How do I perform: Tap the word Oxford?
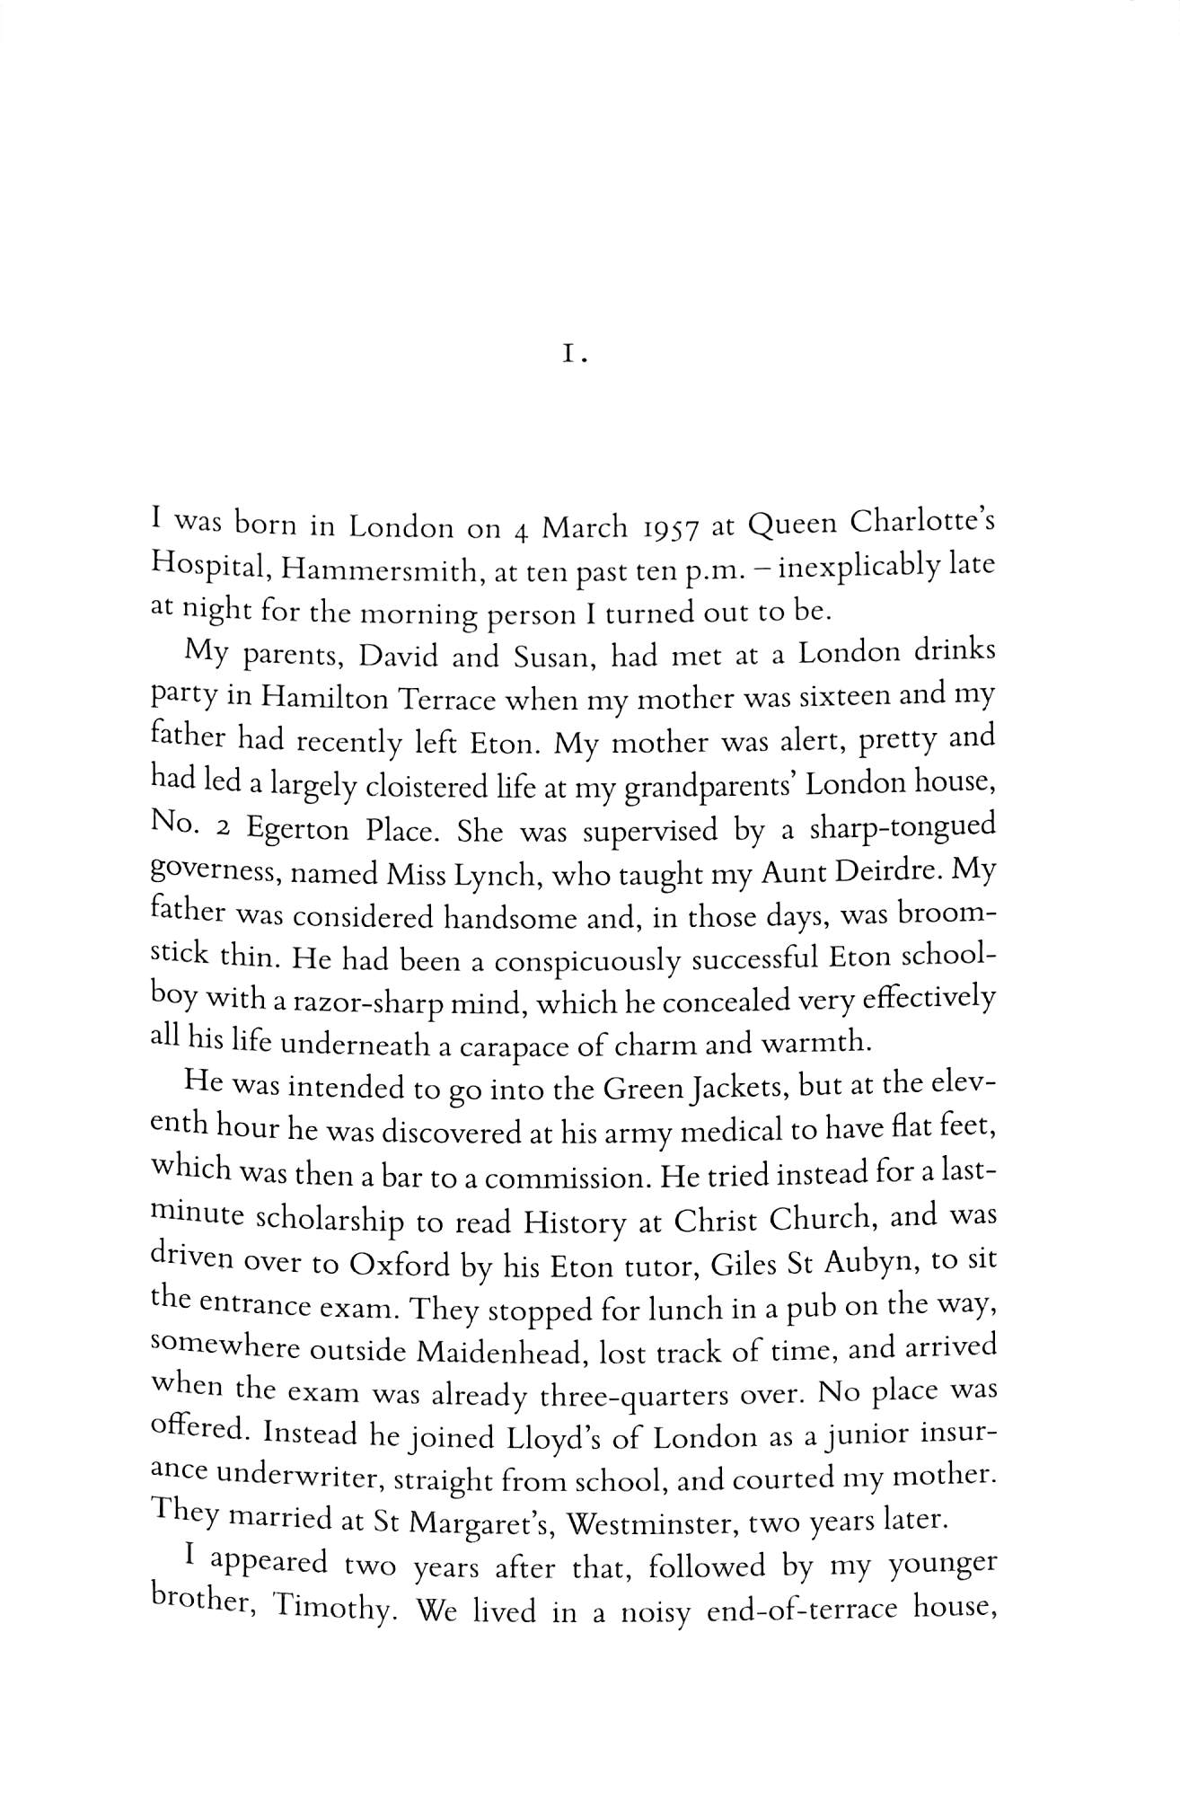coord(399,1266)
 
